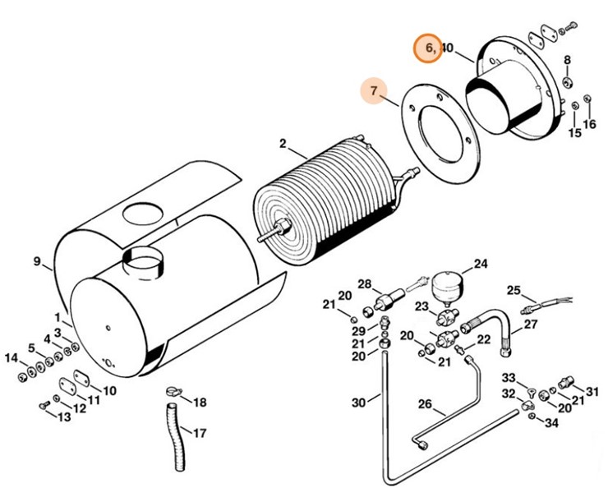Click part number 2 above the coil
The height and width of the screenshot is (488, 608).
[x=282, y=144]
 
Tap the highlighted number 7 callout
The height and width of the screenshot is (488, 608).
[x=374, y=92]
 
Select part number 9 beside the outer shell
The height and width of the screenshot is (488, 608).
[x=37, y=262]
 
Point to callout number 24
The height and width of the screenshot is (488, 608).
[x=480, y=265]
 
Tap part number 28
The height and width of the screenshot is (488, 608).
[x=365, y=283]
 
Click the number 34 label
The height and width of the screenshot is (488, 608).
[x=550, y=423]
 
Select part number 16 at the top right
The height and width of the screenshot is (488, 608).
[x=589, y=125]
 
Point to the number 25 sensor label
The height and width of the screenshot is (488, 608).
[x=514, y=290]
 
